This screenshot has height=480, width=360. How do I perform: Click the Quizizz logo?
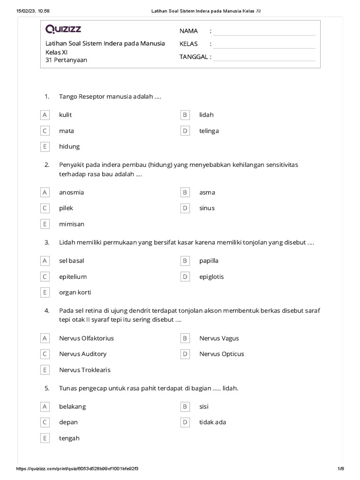click(x=63, y=30)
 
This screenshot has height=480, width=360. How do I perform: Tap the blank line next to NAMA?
click(x=264, y=32)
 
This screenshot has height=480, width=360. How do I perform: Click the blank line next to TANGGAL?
click(x=264, y=58)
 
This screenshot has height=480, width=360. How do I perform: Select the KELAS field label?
click(x=188, y=44)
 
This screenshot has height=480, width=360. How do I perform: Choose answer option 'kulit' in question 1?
click(x=66, y=115)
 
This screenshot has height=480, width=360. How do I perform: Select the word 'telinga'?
click(x=209, y=131)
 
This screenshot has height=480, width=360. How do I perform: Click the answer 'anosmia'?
click(x=72, y=192)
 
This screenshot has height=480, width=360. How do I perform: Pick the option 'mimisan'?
click(x=72, y=224)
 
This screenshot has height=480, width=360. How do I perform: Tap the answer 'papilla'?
click(x=209, y=261)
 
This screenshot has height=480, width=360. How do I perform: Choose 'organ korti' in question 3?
click(x=75, y=292)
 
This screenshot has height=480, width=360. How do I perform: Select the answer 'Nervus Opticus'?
click(x=222, y=354)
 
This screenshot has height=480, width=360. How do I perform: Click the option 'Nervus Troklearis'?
click(x=85, y=370)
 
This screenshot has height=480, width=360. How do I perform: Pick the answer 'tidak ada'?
click(x=213, y=422)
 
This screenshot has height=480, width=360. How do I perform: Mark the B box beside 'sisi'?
click(x=185, y=406)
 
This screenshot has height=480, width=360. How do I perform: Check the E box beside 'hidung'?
click(x=45, y=147)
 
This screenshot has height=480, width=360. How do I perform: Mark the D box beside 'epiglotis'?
click(x=185, y=277)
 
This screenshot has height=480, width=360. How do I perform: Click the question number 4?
click(x=47, y=310)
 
